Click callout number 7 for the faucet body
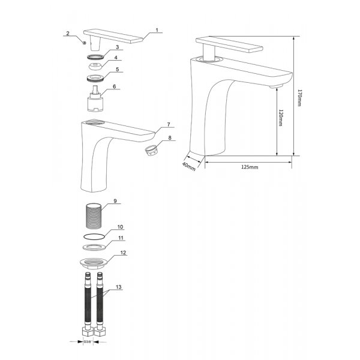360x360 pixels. pos(169,124)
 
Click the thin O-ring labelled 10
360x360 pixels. pos(94,236)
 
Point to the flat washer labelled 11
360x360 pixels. pos(94,247)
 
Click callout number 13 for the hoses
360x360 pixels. pos(119,288)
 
